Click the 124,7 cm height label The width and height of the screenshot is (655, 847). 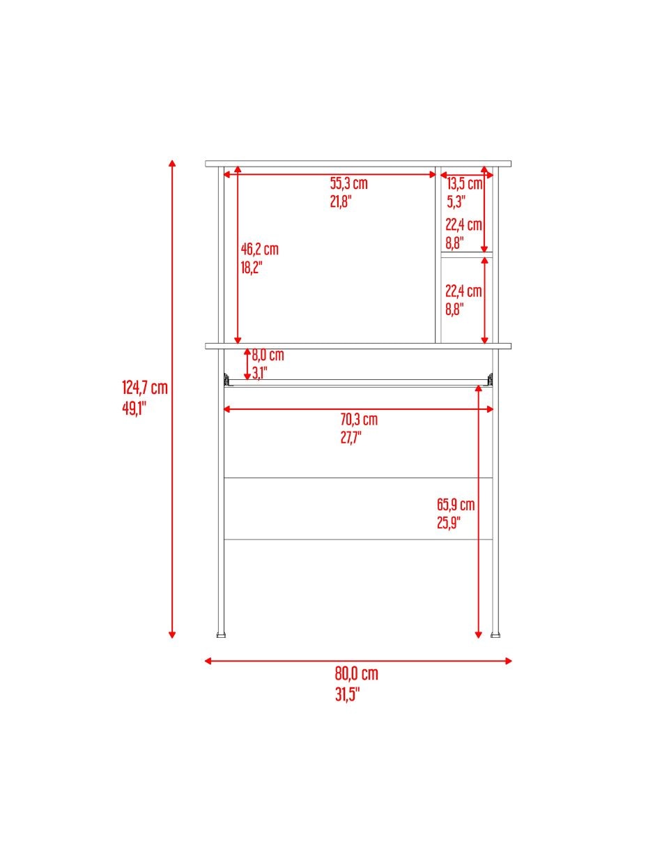(145, 388)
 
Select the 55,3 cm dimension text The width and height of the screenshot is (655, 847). (348, 183)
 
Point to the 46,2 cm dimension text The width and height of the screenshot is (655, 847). (260, 249)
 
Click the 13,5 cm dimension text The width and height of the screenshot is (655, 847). (464, 183)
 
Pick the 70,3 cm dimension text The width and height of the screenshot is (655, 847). (359, 420)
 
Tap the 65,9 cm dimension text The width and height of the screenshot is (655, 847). (456, 505)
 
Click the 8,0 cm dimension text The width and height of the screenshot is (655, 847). (268, 355)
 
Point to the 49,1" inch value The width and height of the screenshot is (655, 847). (134, 409)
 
